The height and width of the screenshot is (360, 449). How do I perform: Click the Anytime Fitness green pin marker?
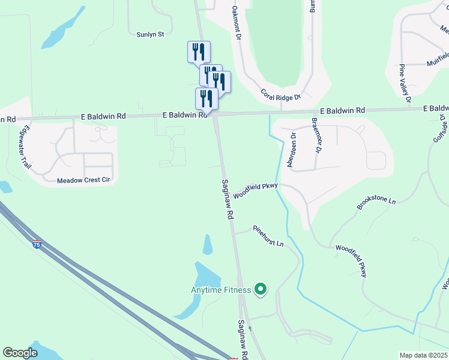[x=260, y=290]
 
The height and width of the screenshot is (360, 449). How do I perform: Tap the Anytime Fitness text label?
[x=220, y=291]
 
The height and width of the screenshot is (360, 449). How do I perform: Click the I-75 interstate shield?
[x=37, y=244]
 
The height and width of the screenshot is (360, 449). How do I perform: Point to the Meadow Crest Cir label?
[x=85, y=180]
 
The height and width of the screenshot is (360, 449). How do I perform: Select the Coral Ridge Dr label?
[x=280, y=94]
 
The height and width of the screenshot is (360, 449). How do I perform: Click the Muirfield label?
[x=438, y=59]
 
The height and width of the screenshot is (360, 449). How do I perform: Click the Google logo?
[x=20, y=353]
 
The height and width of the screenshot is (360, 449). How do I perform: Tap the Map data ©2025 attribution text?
[x=423, y=355]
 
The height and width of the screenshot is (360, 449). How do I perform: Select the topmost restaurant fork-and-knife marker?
[x=199, y=52]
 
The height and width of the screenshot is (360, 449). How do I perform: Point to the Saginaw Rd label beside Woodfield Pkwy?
[x=228, y=200]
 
